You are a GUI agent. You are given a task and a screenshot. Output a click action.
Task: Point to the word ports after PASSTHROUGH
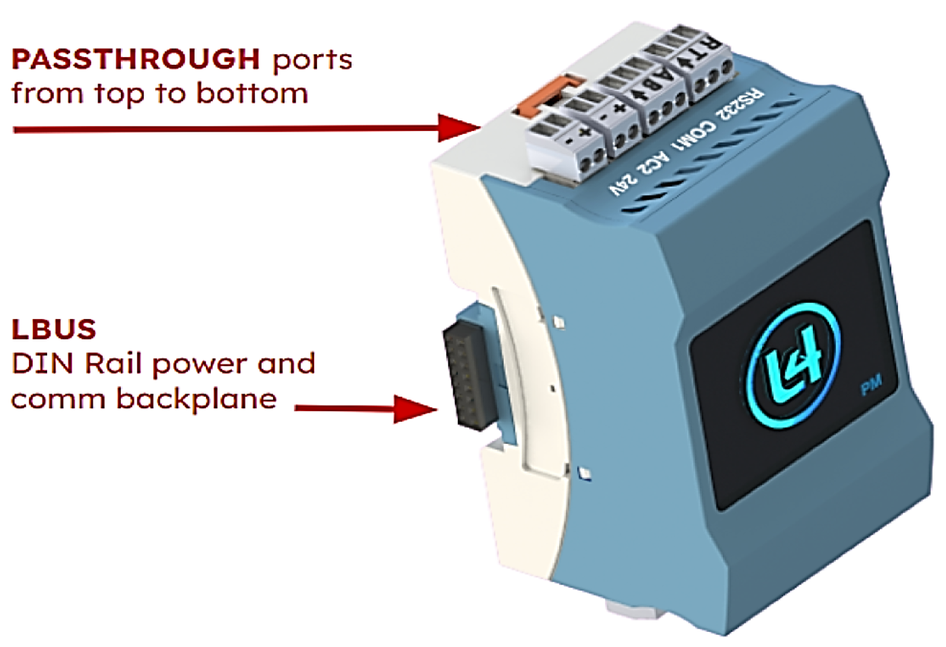pyautogui.click(x=307, y=60)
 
